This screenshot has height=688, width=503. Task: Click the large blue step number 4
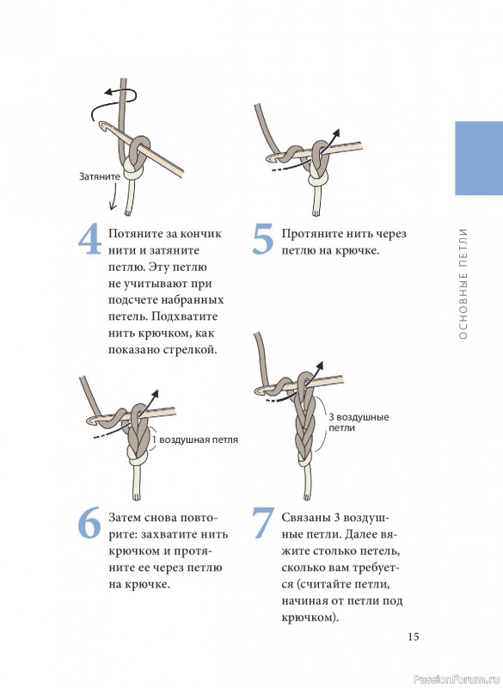coord(90,240)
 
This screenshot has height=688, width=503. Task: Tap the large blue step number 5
coord(263,240)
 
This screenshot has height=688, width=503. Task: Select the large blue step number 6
coord(89,524)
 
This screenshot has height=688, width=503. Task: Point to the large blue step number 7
coord(263,524)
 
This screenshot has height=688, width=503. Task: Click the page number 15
coord(414,636)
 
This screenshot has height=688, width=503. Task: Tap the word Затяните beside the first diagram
coord(100,176)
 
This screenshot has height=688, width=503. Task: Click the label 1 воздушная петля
coord(195,439)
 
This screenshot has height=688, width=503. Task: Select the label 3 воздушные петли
coord(359,422)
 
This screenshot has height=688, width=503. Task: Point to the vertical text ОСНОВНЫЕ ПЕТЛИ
coord(463,284)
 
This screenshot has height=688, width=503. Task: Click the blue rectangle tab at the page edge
coord(479,158)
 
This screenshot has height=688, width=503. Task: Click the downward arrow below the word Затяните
coord(113,196)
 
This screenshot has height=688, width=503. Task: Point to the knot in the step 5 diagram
coord(318,178)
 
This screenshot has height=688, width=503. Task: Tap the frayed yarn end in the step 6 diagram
coord(137,497)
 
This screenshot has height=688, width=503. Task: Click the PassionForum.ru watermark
coord(457,679)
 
